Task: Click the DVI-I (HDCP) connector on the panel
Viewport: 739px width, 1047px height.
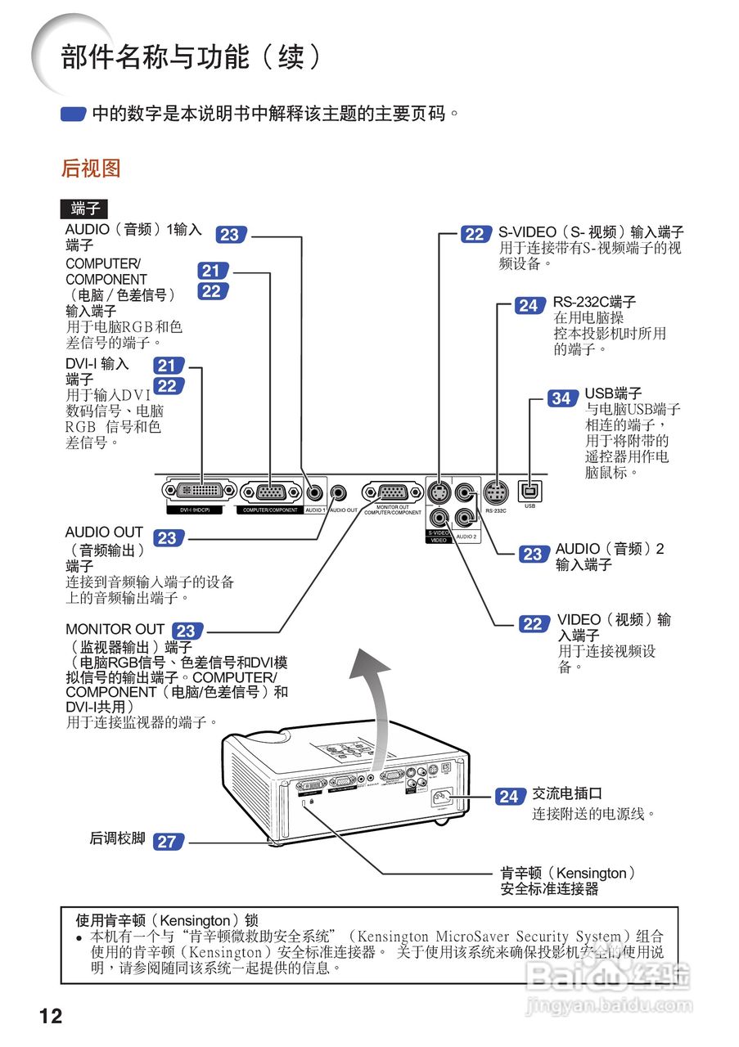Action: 201,492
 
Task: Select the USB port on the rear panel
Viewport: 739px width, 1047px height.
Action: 529,492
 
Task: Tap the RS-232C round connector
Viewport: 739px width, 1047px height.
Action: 495,492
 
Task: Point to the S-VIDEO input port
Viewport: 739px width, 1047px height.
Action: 439,492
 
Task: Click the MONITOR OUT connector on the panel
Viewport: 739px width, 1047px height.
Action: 393,492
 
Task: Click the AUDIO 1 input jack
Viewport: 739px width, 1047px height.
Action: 315,492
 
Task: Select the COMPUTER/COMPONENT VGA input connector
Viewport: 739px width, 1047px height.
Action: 270,492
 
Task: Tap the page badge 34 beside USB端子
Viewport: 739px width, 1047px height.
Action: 561,398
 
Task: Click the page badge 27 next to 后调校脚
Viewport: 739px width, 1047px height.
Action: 167,841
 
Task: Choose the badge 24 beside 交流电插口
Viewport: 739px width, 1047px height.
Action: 509,796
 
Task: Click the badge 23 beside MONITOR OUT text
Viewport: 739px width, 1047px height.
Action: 187,631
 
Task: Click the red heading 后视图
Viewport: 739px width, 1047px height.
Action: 91,169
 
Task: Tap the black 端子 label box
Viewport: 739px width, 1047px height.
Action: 84,209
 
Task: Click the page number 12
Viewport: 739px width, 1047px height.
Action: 51,1016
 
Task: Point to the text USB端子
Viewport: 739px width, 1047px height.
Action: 613,393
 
